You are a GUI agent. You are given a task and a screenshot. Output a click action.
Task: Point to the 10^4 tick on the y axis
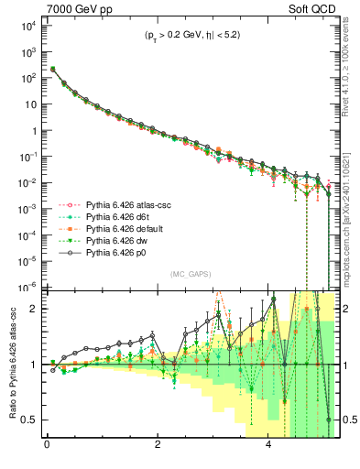[x=25, y=27]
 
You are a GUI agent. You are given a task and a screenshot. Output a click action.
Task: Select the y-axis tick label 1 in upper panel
[x=32, y=131]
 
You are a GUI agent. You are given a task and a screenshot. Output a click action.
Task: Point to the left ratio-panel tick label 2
[x=34, y=309]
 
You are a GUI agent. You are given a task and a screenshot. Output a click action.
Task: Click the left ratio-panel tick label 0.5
[x=29, y=420]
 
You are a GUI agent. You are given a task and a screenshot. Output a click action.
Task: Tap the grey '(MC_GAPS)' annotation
[x=188, y=274]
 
